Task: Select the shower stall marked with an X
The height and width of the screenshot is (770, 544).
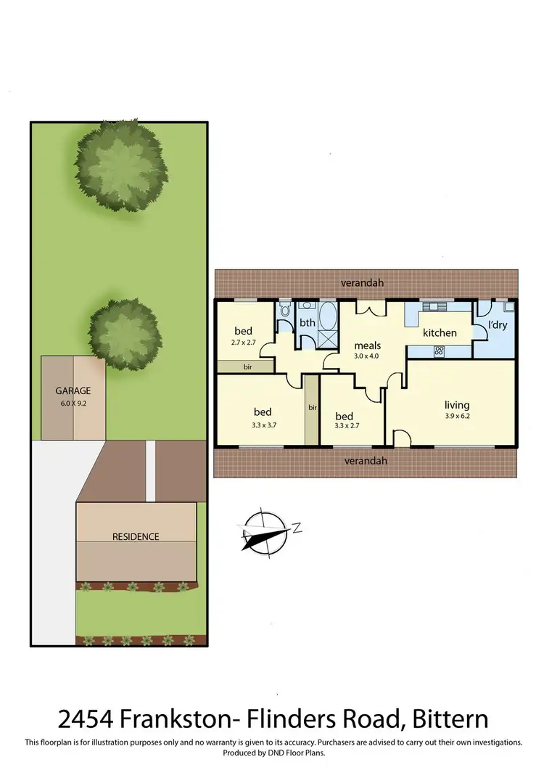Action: click(328, 338)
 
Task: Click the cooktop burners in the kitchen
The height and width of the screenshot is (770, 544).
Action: click(439, 351)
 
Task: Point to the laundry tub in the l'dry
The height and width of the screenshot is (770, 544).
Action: click(508, 306)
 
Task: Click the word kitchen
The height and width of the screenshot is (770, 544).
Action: click(440, 332)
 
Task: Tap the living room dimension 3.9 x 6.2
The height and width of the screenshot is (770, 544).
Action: click(457, 417)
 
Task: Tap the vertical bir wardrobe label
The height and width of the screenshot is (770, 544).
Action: click(312, 408)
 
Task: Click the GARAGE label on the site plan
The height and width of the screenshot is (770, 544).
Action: click(73, 390)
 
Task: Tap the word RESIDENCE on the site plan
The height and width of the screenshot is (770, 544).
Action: click(136, 536)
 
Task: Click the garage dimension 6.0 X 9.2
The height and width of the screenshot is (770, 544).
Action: click(73, 401)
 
